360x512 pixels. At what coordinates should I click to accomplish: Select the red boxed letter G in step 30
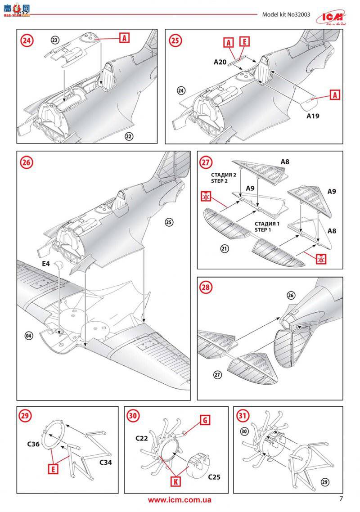(x=204, y=420)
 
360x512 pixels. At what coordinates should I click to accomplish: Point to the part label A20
(x=220, y=62)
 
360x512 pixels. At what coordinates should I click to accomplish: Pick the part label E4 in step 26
(x=45, y=264)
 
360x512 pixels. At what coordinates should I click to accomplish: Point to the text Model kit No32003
(x=286, y=14)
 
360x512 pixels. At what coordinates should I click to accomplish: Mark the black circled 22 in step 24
(x=129, y=136)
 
